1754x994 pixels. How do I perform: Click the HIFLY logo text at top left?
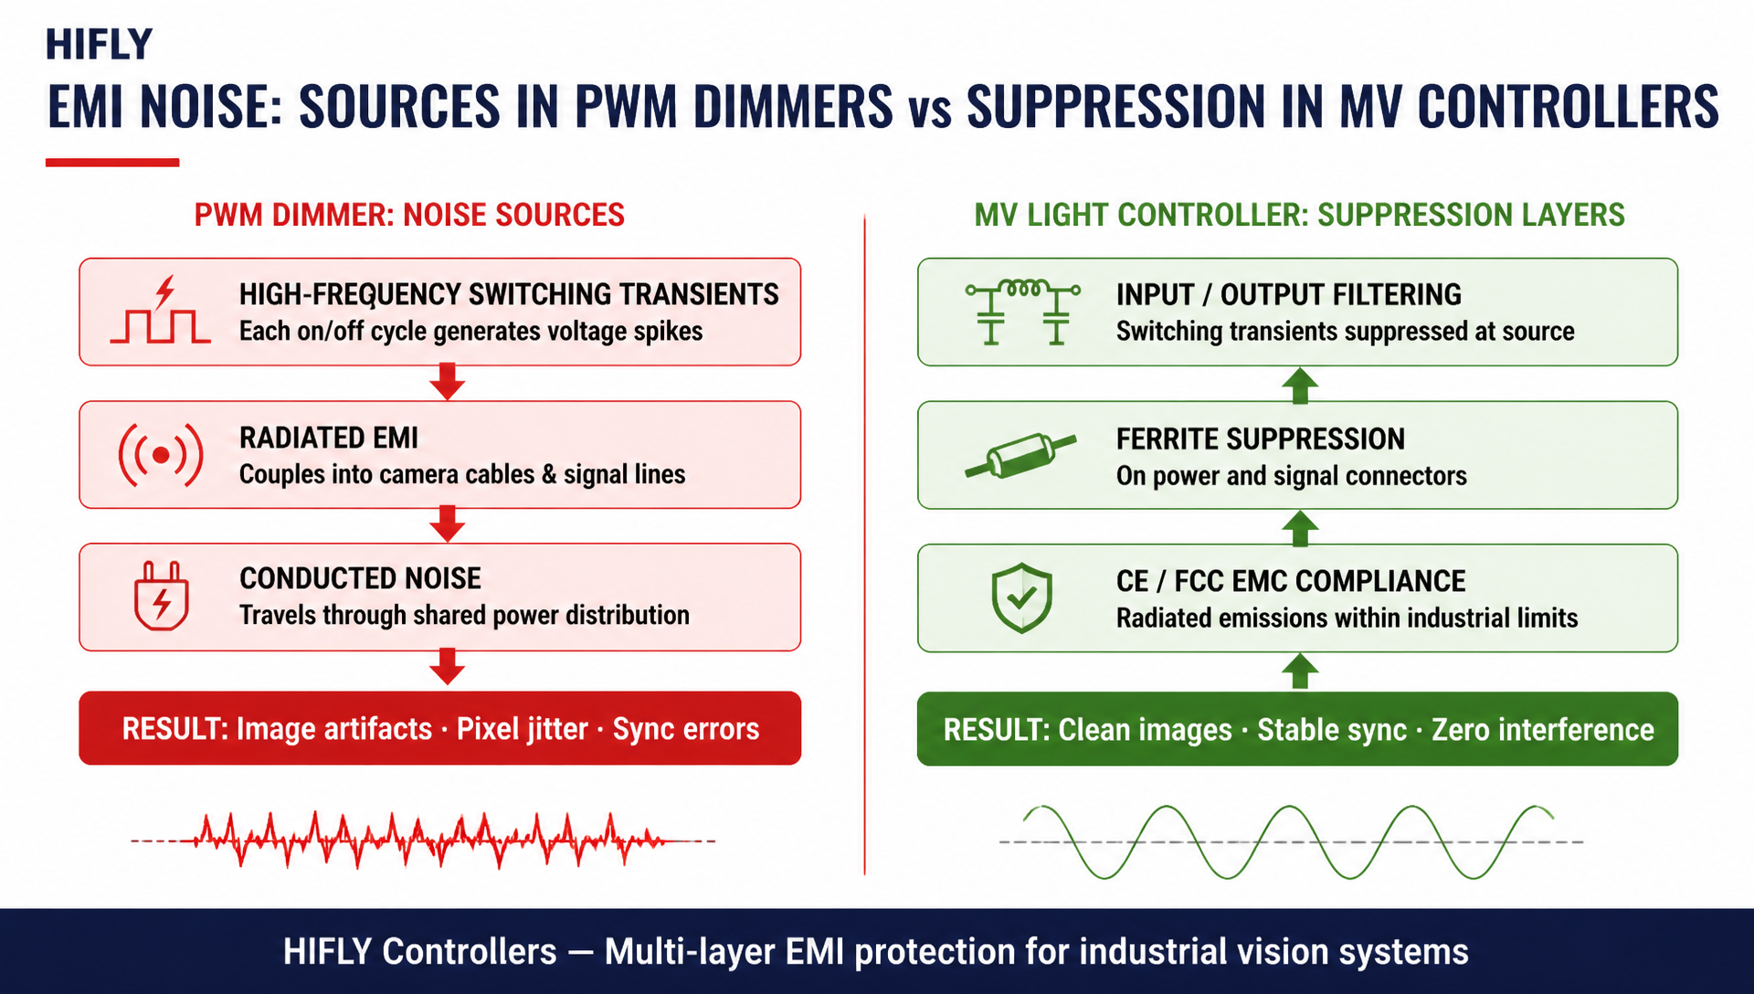tap(99, 45)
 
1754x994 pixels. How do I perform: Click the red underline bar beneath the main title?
tap(112, 163)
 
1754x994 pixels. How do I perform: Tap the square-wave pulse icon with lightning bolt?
tap(160, 311)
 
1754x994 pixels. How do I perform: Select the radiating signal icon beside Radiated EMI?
tap(160, 454)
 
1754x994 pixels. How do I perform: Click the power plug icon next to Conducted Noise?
tap(162, 596)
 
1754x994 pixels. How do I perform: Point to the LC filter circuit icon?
tap(1023, 312)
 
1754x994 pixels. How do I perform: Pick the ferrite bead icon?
tap(1020, 455)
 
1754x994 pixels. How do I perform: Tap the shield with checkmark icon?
tap(1021, 597)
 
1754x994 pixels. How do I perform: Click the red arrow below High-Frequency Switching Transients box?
tap(447, 382)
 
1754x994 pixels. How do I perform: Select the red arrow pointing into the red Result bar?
tap(447, 667)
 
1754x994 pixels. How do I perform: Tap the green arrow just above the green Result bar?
tap(1300, 671)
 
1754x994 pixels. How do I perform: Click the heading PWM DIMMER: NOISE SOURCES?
tap(409, 215)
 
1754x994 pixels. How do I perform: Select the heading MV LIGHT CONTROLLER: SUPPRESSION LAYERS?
tap(1299, 215)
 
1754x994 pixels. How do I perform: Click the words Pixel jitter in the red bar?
tap(523, 729)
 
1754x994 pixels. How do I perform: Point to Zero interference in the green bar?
tap(1543, 730)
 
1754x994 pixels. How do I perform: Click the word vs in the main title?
tap(929, 110)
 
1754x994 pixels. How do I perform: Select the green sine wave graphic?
tap(1291, 841)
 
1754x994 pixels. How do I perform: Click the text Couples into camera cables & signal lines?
tap(462, 474)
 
